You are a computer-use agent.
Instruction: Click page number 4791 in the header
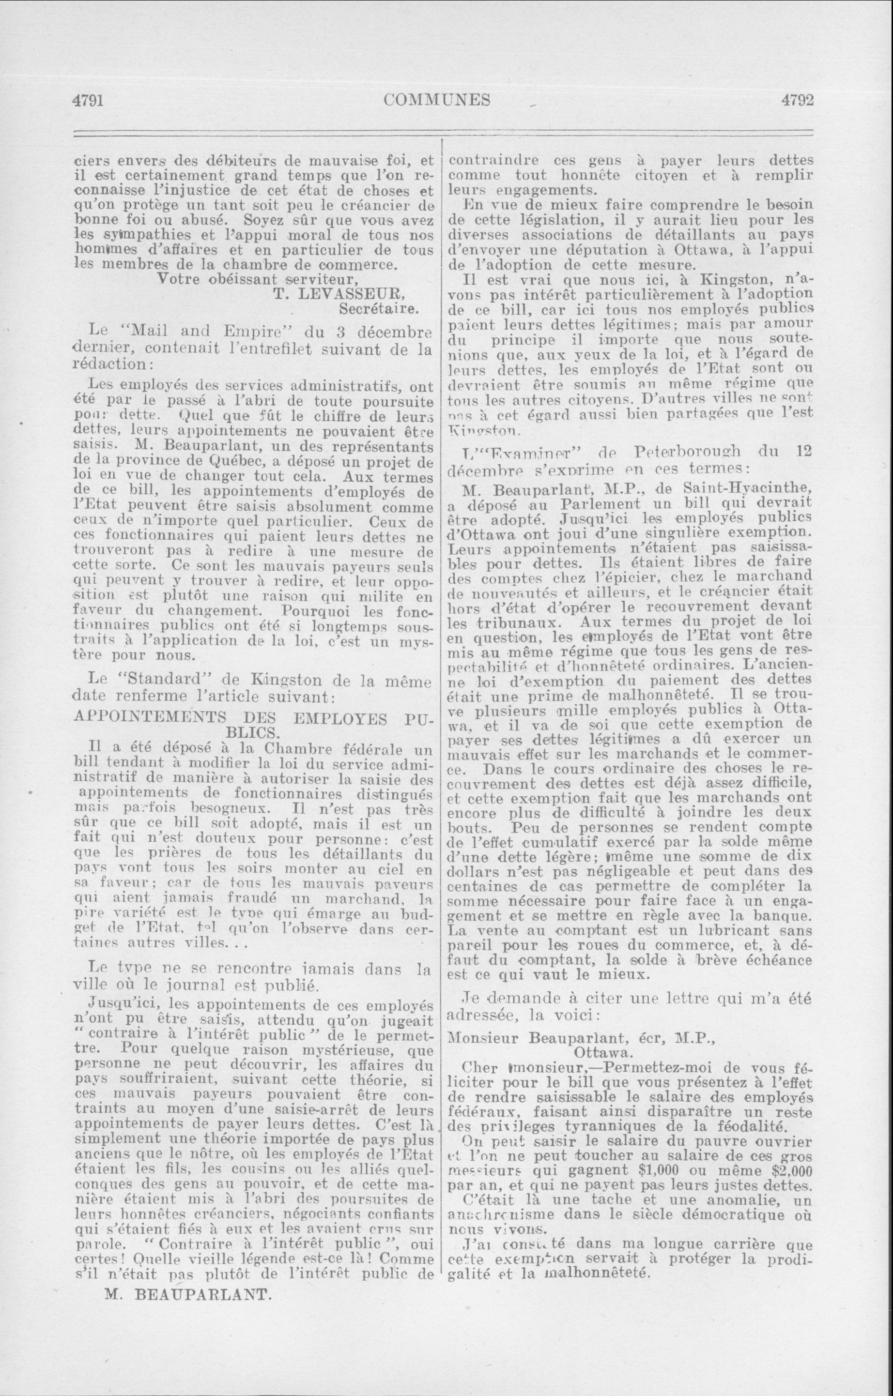pyautogui.click(x=88, y=100)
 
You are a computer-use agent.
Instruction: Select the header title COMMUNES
pyautogui.click(x=437, y=100)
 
